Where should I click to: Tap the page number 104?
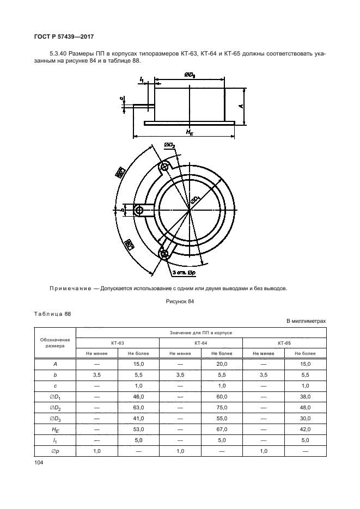coord(39,462)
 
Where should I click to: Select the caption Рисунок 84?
coord(179,301)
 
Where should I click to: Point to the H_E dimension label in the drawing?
coord(190,132)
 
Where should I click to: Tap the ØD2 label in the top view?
coord(169,145)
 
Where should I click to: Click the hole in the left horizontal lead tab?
coord(139,210)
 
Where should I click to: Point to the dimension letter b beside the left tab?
coord(123,209)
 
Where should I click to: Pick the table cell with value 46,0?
coord(138,396)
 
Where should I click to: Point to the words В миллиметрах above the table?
coord(306,321)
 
